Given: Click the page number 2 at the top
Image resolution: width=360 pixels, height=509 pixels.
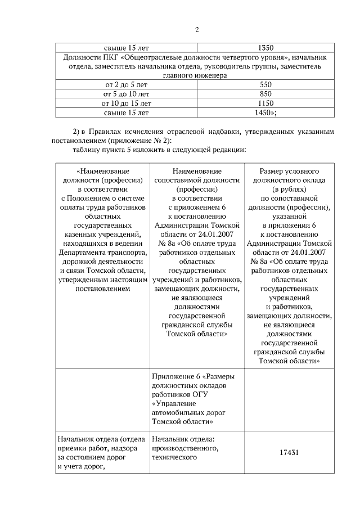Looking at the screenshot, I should pos(197,30).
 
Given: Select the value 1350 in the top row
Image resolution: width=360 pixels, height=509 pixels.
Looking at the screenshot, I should pos(265,48).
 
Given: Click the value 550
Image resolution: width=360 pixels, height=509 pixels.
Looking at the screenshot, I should pos(265,84).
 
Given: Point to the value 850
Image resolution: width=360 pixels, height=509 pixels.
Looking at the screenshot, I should pos(265,94).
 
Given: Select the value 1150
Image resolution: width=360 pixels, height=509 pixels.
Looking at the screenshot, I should pos(265,103).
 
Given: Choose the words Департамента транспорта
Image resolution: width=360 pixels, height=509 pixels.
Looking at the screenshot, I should pos(103,253).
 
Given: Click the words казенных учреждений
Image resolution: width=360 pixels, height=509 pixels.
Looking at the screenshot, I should pos(103,234).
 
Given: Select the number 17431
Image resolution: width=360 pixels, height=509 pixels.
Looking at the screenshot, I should pos(289,452).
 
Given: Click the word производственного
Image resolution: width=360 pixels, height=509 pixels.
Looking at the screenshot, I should pos(184,448).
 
